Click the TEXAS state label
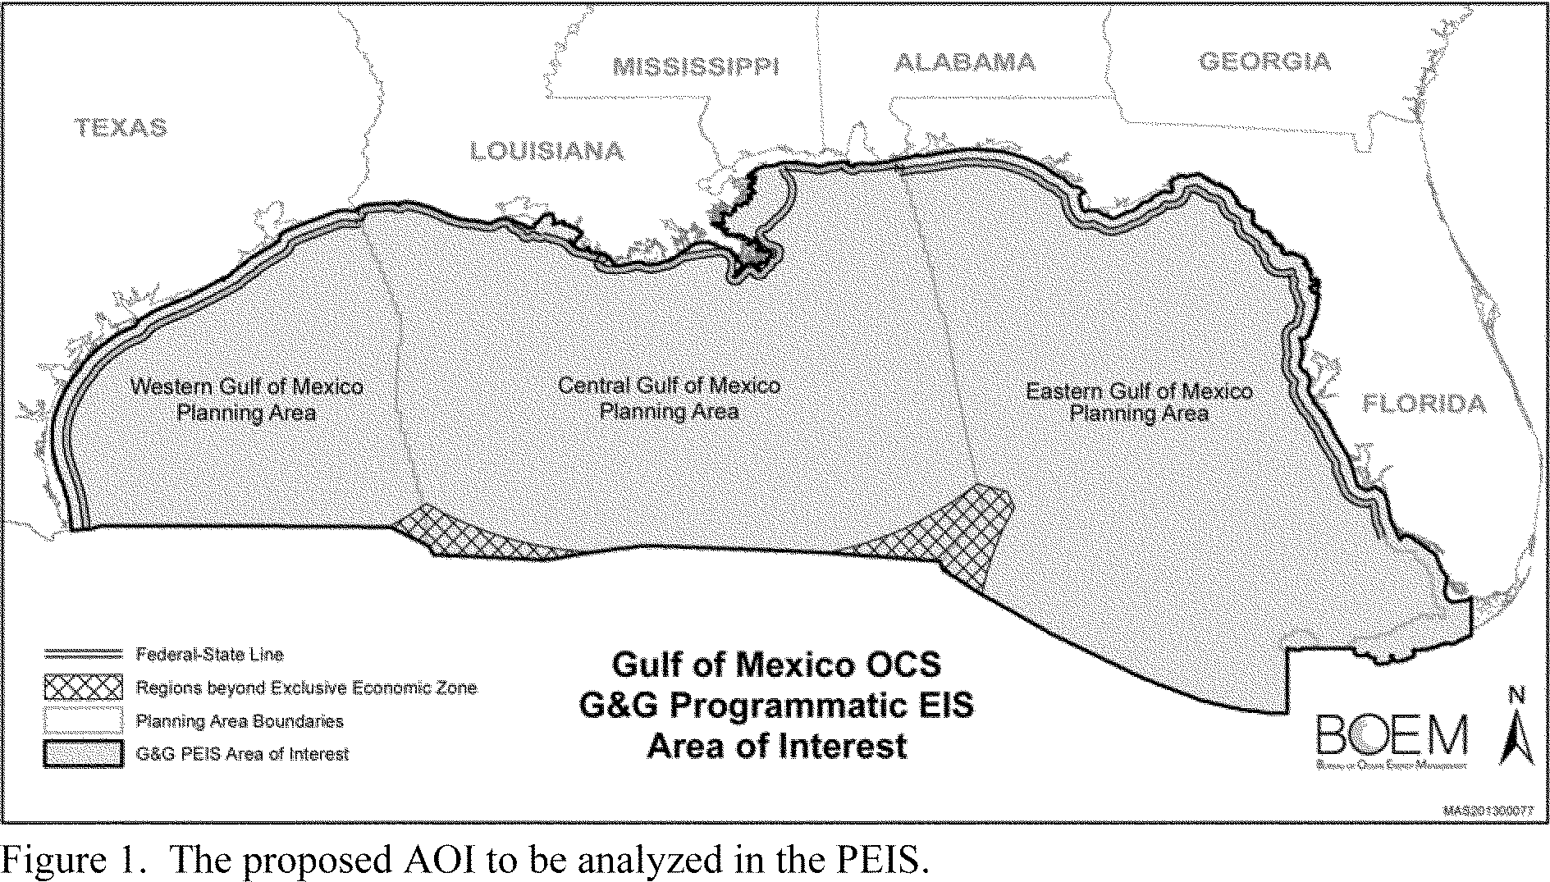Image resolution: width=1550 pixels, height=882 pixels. pos(121,127)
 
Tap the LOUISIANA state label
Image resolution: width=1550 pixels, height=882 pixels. pos(546,151)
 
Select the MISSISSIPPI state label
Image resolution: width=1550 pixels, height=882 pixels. pos(695,66)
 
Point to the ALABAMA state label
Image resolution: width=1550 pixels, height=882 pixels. pos(964,62)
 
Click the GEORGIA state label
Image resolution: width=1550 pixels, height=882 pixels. pos(1264,61)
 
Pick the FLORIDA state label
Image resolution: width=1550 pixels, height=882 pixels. pos(1424,404)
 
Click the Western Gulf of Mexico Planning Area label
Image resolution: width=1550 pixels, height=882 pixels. pos(247,399)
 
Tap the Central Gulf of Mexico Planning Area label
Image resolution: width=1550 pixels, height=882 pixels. pos(669,398)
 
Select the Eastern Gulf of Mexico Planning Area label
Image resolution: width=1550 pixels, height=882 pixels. pos(1139,401)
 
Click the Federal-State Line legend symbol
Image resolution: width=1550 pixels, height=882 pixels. pos(83,654)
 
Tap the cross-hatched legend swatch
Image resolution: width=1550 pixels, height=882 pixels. pos(83,687)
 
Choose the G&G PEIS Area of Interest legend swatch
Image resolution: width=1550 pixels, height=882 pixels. pos(83,753)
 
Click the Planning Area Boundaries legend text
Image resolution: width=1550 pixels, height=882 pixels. pos(240,721)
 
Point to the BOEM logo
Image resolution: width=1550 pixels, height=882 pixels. pos(1392,736)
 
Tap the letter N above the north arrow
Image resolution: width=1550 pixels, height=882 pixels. pos(1517,697)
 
